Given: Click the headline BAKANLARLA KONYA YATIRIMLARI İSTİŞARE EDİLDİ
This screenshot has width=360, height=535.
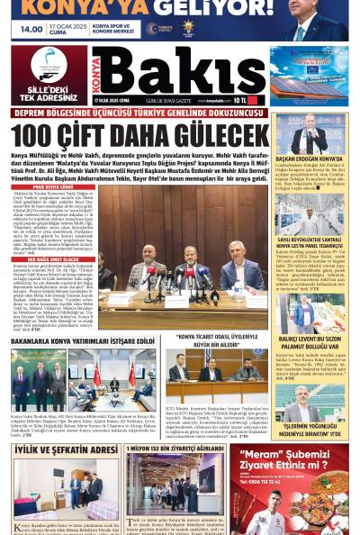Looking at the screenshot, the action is tap(84, 342).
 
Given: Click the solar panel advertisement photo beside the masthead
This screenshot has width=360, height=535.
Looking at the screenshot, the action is tap(309, 76).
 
